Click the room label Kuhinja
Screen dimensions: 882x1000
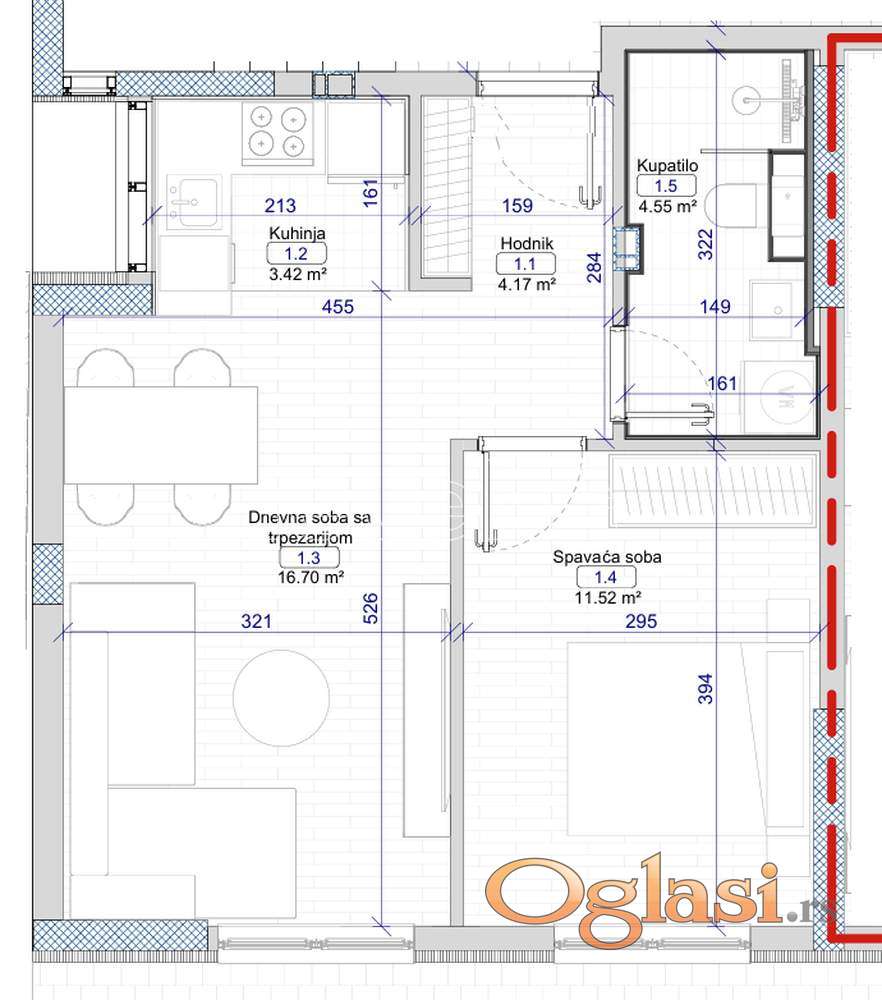pyautogui.click(x=297, y=233)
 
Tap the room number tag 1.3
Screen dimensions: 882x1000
pyautogui.click(x=309, y=558)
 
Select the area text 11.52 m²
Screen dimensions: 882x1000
pyautogui.click(x=608, y=598)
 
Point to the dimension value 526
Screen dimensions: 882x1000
pyautogui.click(x=370, y=608)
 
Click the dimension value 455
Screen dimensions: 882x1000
pyautogui.click(x=337, y=307)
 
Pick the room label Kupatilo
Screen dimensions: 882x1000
pyautogui.click(x=667, y=166)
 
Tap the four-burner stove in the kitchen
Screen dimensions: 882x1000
pyautogui.click(x=277, y=133)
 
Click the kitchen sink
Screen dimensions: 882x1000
pyautogui.click(x=194, y=202)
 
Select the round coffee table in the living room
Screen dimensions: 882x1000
pyautogui.click(x=281, y=698)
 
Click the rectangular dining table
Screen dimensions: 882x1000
pyautogui.click(x=161, y=434)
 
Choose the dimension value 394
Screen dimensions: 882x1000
pyautogui.click(x=705, y=689)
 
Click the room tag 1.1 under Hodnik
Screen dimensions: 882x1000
pyautogui.click(x=526, y=263)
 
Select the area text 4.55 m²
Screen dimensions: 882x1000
pyautogui.click(x=668, y=206)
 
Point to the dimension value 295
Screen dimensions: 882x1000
pyautogui.click(x=641, y=621)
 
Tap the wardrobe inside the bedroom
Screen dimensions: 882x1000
pyautogui.click(x=712, y=490)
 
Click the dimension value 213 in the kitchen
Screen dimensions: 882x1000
pyautogui.click(x=281, y=205)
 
